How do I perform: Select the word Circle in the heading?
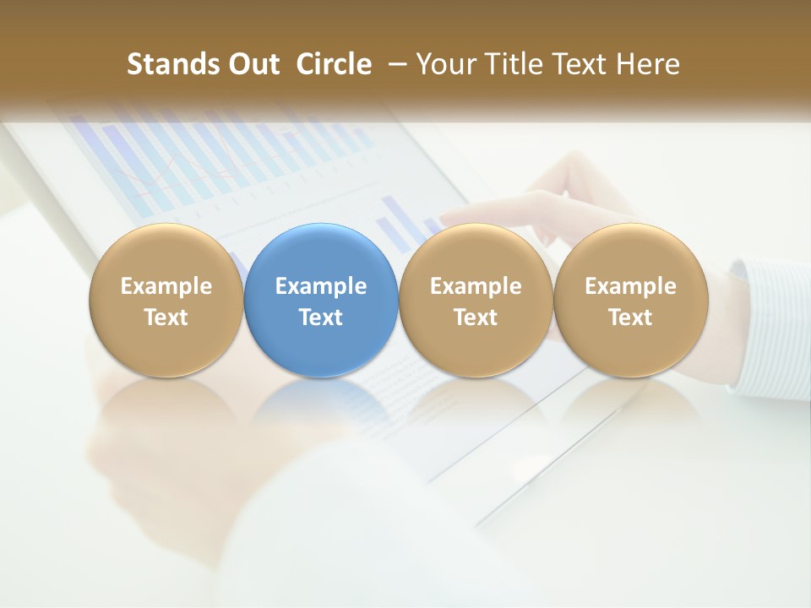[x=334, y=64]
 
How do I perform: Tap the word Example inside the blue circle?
[x=321, y=286]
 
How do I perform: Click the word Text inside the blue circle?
[x=321, y=318]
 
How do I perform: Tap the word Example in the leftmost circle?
[x=166, y=286]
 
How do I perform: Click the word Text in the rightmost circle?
[x=631, y=318]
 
